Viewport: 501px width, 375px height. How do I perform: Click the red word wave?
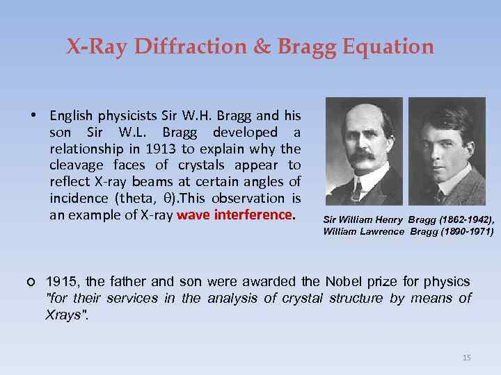click(x=194, y=215)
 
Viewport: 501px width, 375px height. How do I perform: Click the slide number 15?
click(x=466, y=358)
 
